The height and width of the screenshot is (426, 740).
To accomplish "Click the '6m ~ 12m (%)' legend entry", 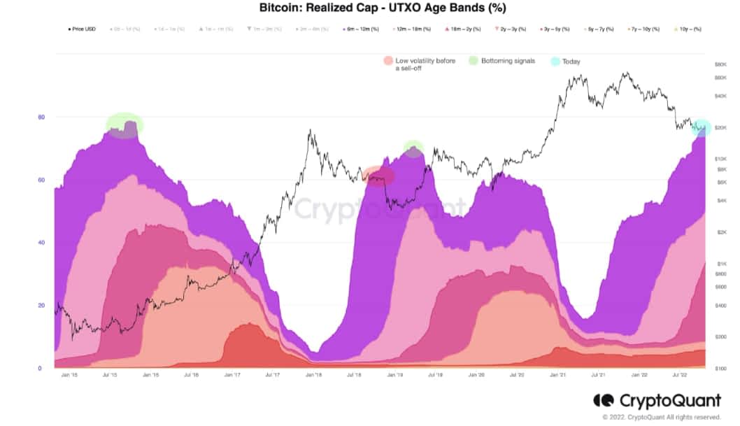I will (361, 29).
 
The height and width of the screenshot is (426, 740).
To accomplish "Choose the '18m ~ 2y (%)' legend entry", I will (464, 29).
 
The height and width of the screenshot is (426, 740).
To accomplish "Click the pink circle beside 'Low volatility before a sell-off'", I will (388, 62).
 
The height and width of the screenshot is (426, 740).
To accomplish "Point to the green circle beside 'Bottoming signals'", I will (474, 62).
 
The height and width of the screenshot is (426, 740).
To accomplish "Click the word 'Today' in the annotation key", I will (571, 62).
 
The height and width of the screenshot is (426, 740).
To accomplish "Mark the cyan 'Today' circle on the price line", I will (702, 127).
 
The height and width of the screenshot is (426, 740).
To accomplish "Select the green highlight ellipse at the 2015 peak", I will (124, 125).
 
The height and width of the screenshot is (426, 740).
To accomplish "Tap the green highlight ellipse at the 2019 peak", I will (413, 148).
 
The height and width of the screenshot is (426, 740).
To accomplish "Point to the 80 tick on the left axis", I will (41, 118).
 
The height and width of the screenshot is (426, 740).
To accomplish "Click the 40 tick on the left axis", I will (41, 243).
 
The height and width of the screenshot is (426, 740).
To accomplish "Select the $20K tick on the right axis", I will (720, 128).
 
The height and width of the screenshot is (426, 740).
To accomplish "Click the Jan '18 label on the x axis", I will (313, 376).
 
